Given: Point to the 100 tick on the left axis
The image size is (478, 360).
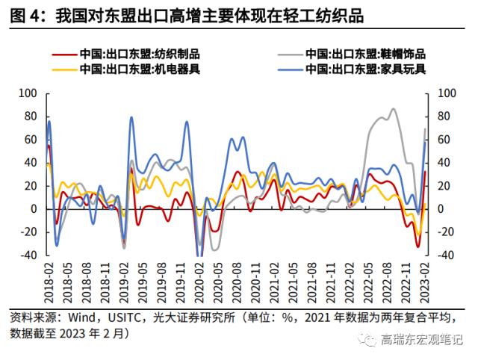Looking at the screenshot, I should click(x=27, y=93).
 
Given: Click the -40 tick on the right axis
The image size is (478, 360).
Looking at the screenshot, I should click(x=446, y=255).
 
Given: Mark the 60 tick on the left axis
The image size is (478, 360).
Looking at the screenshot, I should click(x=30, y=140).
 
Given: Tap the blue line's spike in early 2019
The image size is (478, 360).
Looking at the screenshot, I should click(x=131, y=117).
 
